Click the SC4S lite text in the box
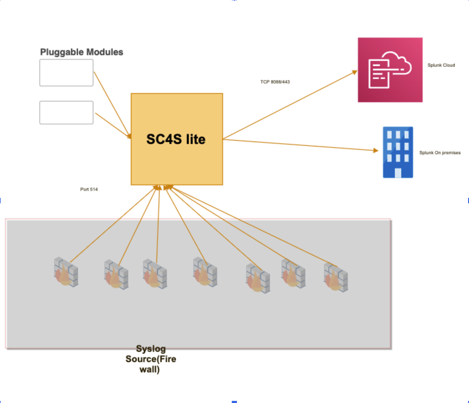click(x=176, y=139)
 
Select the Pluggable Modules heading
click(x=81, y=52)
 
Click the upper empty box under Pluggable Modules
click(x=66, y=73)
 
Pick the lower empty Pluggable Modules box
click(x=66, y=113)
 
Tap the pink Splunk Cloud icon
click(x=390, y=70)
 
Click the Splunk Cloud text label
click(x=441, y=65)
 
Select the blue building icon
click(x=398, y=152)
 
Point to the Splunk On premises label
click(x=440, y=153)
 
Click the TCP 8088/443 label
click(x=275, y=82)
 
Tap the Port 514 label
click(x=89, y=189)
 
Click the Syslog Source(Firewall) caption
click(x=151, y=359)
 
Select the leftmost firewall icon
click(x=66, y=272)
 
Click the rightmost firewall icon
click(x=336, y=277)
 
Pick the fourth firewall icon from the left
click(x=205, y=272)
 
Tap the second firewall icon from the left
click(x=116, y=275)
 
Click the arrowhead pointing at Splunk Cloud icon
click(x=354, y=72)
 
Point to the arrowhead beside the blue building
click(x=376, y=150)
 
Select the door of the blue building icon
click(x=398, y=173)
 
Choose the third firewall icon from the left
click(x=155, y=274)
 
